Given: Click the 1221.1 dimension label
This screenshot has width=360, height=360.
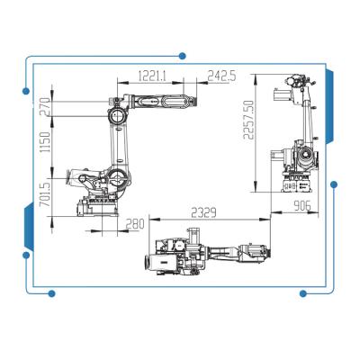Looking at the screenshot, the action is coord(152,76).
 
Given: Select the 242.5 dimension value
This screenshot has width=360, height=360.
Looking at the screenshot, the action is coord(222,76).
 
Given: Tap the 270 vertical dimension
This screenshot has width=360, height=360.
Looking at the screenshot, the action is coord(45,107).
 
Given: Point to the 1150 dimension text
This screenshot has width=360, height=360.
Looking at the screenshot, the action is coord(45,142).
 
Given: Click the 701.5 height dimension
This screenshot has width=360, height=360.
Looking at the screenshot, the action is coord(45,195).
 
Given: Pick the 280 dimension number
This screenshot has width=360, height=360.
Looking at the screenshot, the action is coord(135,224).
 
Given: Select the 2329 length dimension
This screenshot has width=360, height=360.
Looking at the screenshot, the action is coord(203,212).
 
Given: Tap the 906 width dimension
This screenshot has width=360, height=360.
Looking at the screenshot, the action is coord(302,206).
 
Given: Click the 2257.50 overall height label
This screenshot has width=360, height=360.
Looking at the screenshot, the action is coord(248,120).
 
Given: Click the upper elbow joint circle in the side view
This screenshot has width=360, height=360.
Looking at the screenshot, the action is coord(116,115).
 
